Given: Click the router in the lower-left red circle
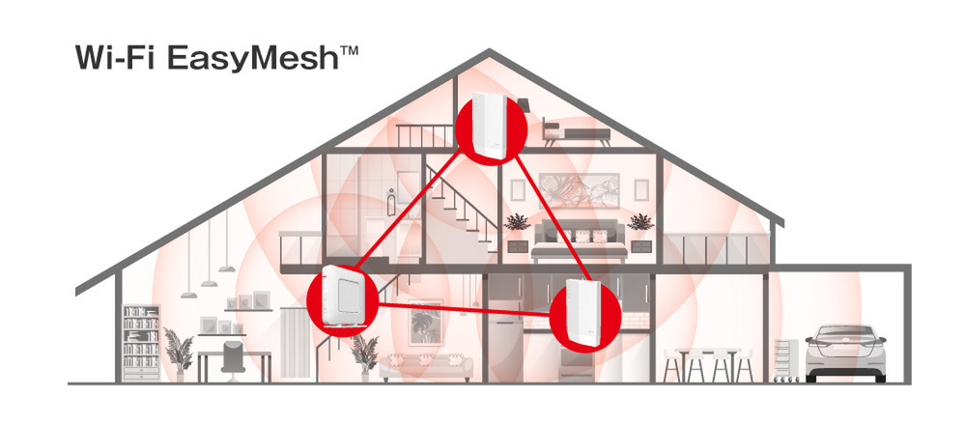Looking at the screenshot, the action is (x=343, y=297).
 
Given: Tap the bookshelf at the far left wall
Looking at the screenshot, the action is (x=141, y=343).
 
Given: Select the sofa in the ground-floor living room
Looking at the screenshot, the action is (x=425, y=367).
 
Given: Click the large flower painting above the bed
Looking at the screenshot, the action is (x=579, y=190).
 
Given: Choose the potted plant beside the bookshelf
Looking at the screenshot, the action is (x=178, y=355).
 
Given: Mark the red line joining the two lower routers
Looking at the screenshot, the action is (x=464, y=310).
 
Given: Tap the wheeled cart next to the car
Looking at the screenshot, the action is (x=785, y=360).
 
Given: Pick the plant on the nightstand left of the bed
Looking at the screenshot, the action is (x=517, y=222).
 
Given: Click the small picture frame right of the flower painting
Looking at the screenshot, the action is (x=641, y=189).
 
